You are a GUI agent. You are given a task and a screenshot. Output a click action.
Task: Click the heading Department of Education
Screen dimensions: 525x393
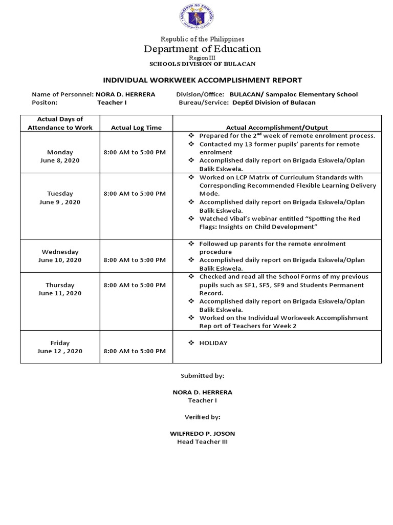tap(202, 49)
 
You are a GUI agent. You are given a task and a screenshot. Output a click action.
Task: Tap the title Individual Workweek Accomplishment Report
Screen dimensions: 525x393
tap(203, 80)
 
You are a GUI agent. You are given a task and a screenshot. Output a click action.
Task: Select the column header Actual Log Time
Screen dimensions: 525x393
tap(136, 128)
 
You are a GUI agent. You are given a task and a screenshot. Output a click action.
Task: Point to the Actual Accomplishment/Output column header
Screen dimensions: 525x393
tap(277, 128)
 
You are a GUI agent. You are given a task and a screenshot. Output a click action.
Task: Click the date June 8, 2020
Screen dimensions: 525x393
tap(60, 160)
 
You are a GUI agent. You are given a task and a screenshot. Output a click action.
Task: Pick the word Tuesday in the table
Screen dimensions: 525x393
tap(60, 194)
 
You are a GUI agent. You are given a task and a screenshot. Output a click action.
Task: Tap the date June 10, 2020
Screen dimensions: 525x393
tap(60, 260)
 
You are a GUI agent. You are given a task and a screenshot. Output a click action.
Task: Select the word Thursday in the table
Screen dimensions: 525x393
tap(60, 285)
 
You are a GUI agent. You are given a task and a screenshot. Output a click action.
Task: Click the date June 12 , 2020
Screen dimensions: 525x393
tap(60, 351)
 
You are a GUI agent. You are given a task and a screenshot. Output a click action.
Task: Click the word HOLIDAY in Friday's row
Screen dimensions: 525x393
tap(213, 343)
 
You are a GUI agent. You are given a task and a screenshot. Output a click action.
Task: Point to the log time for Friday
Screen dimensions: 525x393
tap(135, 351)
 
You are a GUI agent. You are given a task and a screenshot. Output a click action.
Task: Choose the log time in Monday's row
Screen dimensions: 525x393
tap(135, 152)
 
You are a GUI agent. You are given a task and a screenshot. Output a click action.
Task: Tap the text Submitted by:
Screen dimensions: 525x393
tap(202, 376)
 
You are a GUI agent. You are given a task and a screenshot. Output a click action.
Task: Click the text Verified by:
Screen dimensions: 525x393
tap(202, 417)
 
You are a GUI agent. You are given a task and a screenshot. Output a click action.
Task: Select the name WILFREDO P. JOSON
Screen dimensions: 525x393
tap(202, 433)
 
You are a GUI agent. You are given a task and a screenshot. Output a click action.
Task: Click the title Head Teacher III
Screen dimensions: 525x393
tap(202, 441)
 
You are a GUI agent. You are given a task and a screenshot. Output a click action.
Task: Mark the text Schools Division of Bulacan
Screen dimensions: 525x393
tap(202, 64)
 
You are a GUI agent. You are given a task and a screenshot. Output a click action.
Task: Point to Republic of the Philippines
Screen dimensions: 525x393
tap(203, 39)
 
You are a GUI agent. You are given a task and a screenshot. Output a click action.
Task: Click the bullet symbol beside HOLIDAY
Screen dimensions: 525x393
tap(191, 343)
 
